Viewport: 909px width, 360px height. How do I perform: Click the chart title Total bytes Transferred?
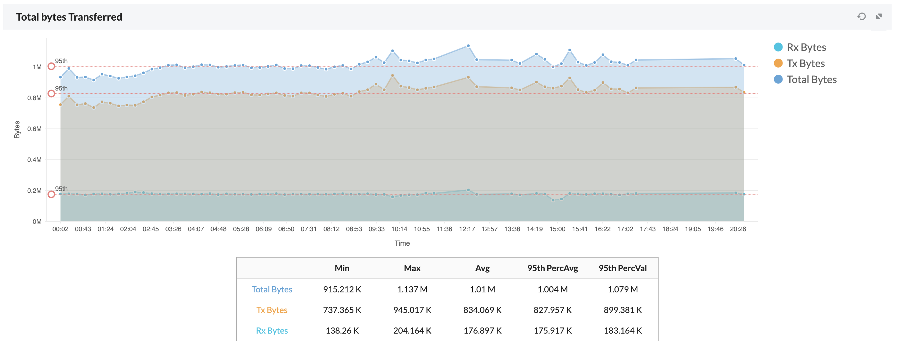point(69,17)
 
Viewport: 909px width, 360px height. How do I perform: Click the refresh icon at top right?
point(861,16)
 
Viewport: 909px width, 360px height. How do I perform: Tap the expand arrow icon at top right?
point(879,16)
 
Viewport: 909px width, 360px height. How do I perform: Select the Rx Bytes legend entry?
point(806,47)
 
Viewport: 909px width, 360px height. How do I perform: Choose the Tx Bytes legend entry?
point(805,63)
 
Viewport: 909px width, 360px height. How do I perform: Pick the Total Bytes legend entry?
point(811,80)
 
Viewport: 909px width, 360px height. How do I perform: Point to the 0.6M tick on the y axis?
point(34,129)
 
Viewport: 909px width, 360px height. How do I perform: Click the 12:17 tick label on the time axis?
point(467,229)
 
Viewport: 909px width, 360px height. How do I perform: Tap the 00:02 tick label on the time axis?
point(60,229)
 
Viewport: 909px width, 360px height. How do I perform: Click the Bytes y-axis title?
point(17,129)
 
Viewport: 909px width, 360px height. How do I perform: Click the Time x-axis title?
point(402,243)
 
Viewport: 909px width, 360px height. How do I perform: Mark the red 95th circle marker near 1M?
point(51,66)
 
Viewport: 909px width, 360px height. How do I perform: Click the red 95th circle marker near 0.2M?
point(51,194)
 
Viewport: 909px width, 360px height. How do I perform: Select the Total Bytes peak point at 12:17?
point(468,46)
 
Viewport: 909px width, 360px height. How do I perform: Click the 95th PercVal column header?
point(623,268)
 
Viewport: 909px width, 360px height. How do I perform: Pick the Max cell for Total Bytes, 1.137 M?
point(412,289)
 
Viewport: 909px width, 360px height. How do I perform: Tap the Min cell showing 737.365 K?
point(342,310)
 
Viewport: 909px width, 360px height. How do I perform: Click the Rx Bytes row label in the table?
point(272,331)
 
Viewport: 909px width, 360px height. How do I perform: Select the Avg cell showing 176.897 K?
point(483,331)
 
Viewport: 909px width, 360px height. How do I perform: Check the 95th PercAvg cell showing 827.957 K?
point(552,310)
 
